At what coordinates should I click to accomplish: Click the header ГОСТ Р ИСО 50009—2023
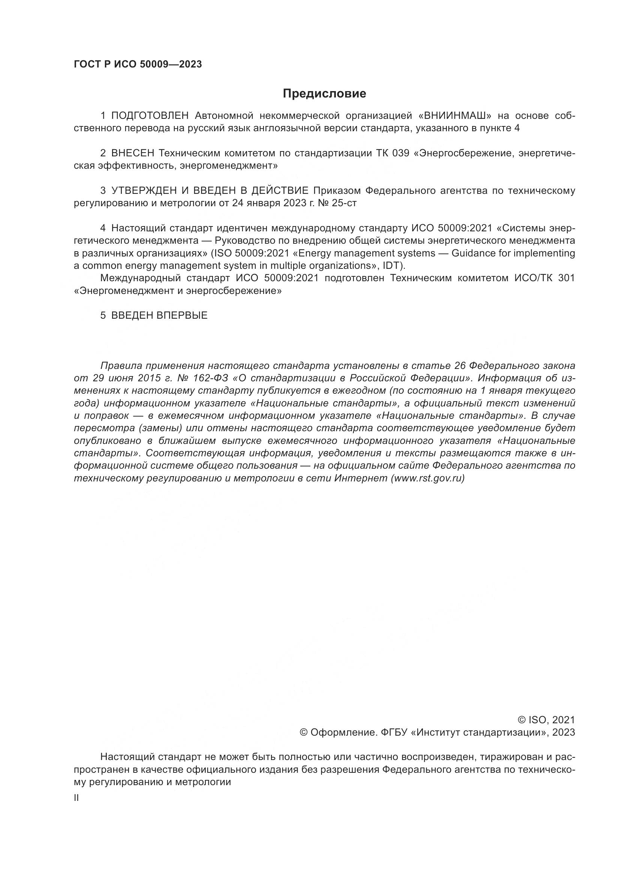pos(138,64)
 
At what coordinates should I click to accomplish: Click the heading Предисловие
pos(324,94)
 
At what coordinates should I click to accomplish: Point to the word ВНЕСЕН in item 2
pos(132,153)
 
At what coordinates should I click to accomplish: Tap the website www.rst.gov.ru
pos(428,478)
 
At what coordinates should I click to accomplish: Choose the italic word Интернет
pos(361,478)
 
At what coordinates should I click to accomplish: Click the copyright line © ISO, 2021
pos(546,720)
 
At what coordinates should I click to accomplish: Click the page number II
pos(76,798)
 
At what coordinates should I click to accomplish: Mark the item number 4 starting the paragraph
pos(103,228)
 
